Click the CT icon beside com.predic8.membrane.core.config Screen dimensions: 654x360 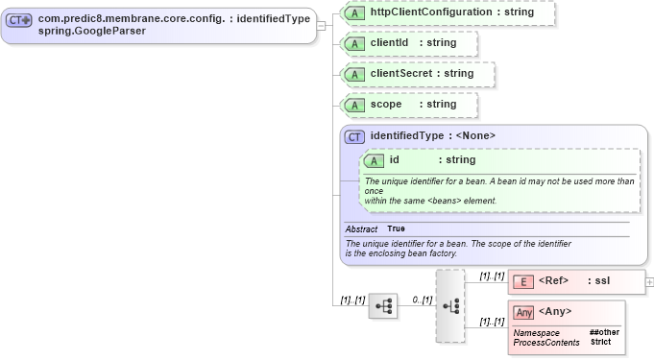click(x=19, y=20)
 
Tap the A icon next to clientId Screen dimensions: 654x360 click(x=354, y=43)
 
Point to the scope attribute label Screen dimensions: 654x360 click(x=386, y=104)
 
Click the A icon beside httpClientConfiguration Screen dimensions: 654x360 click(x=354, y=12)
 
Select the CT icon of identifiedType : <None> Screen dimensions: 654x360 click(x=354, y=136)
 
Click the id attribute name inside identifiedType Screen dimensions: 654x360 click(x=394, y=159)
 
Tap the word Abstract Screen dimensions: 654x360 click(x=361, y=229)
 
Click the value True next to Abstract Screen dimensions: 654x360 click(x=396, y=228)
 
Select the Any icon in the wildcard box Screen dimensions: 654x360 click(x=523, y=312)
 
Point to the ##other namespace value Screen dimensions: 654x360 click(x=604, y=332)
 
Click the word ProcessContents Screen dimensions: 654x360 click(x=546, y=343)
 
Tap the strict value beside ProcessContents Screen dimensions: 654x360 click(x=600, y=342)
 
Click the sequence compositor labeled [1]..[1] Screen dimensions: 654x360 click(x=383, y=306)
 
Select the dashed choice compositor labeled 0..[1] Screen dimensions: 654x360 click(x=449, y=305)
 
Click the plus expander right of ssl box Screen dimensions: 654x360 click(x=649, y=282)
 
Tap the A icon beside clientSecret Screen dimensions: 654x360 click(x=354, y=74)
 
